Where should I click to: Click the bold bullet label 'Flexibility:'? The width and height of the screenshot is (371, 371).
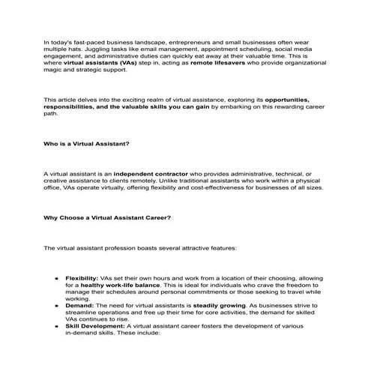pyautogui.click(x=82, y=278)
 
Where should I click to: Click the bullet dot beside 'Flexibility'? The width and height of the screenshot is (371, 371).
pyautogui.click(x=56, y=278)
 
